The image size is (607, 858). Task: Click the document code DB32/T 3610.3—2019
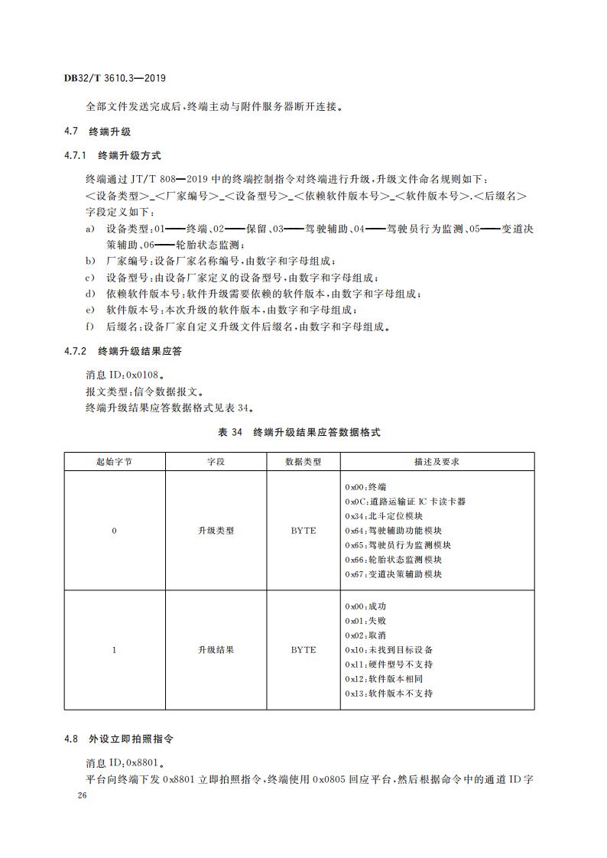coord(115,78)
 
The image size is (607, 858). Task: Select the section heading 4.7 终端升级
coord(98,132)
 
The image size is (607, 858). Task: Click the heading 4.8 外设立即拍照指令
coord(118,739)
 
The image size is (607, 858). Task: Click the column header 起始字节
coord(114,462)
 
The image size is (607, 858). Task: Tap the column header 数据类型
coord(303,462)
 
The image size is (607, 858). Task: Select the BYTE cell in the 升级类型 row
coord(303,530)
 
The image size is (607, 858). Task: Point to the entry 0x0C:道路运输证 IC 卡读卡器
coord(405,501)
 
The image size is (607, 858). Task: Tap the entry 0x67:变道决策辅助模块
coord(393,574)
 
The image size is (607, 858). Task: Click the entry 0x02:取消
coord(365,635)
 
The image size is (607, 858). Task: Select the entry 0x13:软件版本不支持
coord(388,694)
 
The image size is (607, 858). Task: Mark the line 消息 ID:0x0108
coord(124,375)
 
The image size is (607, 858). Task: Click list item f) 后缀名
coord(237,327)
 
